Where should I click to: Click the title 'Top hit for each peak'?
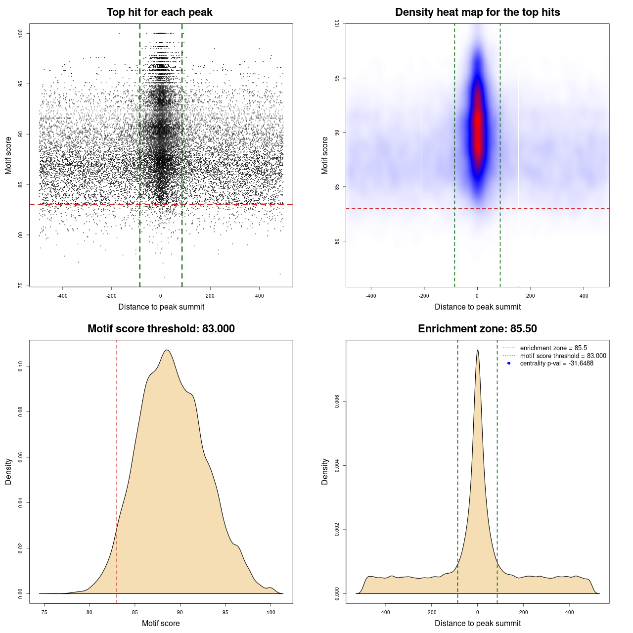159,12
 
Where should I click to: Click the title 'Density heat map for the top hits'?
477,12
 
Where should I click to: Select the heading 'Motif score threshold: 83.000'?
161,329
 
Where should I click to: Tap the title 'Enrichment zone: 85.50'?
477,329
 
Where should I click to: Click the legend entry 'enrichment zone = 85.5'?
553,348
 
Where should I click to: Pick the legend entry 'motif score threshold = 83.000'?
563,356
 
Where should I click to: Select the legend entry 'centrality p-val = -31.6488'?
556,363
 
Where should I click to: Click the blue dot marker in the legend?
509,363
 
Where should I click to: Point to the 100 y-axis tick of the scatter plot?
20,33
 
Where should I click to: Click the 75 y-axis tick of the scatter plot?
20,285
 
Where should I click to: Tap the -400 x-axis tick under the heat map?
371,296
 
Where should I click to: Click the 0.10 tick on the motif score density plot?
20,366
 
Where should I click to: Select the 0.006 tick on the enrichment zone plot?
337,402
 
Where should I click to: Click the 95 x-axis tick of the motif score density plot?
226,612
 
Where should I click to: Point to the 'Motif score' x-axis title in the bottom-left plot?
161,623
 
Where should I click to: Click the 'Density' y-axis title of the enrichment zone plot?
325,471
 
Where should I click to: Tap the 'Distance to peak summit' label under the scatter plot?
161,307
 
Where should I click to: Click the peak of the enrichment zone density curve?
477,351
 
